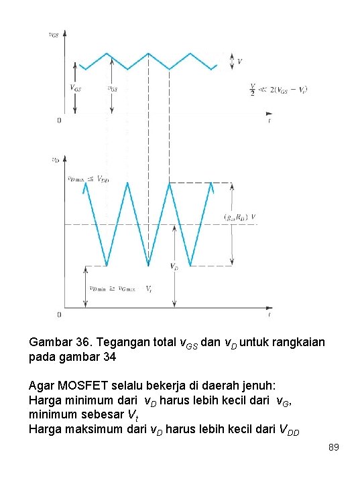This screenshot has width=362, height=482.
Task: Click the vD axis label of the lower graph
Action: [55, 159]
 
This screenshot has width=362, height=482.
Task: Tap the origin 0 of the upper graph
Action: [60, 120]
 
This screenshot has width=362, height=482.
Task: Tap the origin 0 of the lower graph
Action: [60, 315]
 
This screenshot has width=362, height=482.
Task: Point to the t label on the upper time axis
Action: [269, 122]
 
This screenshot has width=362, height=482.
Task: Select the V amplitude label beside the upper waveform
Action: [240, 62]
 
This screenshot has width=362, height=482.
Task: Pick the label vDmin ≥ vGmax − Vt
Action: [112, 289]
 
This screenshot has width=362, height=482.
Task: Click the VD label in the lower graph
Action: [174, 266]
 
